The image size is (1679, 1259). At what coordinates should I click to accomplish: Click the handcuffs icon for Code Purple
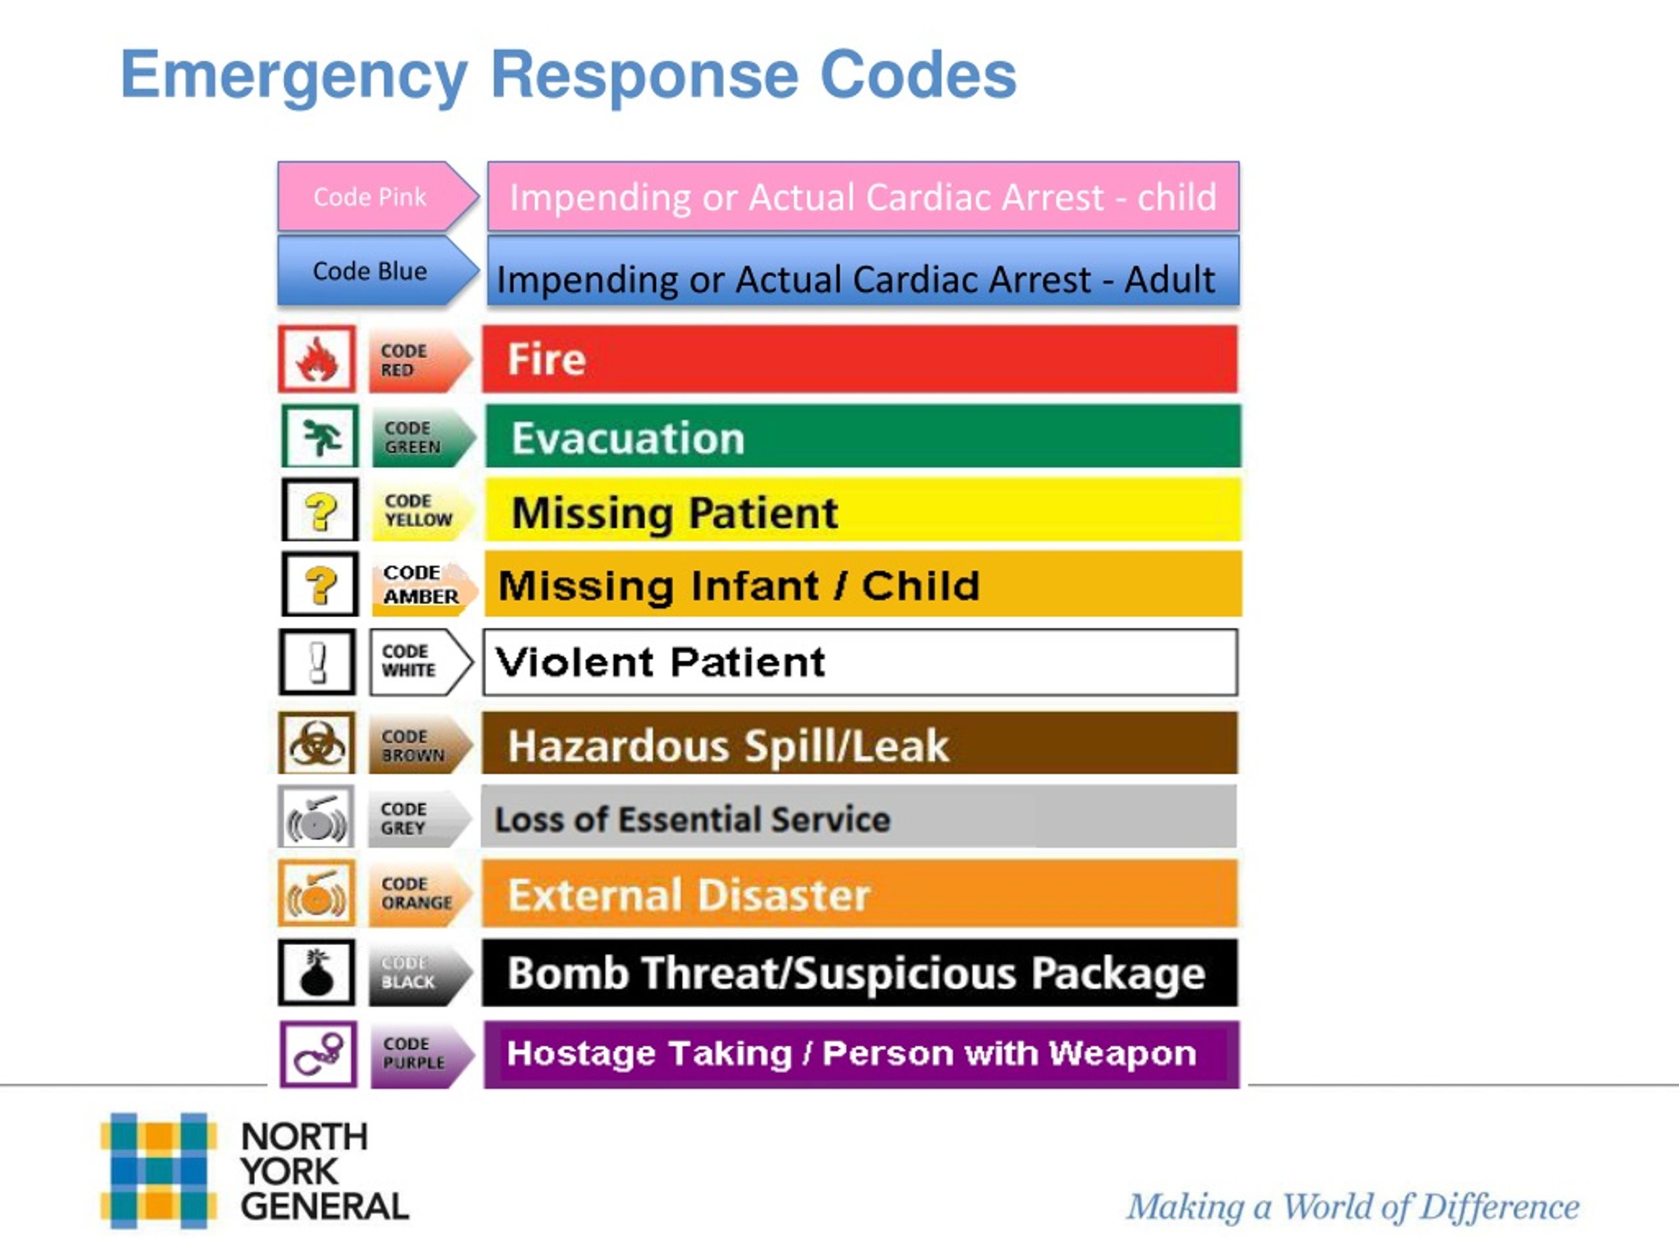(318, 1054)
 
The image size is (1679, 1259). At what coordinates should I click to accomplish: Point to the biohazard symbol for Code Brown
(317, 743)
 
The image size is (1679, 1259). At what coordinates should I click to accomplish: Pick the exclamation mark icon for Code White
(317, 662)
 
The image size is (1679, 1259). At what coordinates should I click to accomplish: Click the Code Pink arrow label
(378, 197)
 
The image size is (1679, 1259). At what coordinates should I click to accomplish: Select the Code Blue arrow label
(378, 271)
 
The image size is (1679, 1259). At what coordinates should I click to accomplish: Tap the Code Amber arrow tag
(424, 584)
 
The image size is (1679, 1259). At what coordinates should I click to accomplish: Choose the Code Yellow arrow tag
(422, 510)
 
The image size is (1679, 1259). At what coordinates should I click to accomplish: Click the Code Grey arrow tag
(420, 818)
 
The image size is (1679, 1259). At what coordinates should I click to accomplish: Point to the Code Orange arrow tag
(420, 893)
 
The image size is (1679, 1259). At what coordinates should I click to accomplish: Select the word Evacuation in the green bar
(628, 438)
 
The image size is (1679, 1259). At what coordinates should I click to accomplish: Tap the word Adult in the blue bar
(1169, 279)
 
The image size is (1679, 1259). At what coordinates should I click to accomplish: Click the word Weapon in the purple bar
(1123, 1053)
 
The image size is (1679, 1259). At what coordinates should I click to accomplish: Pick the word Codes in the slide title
(918, 74)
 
